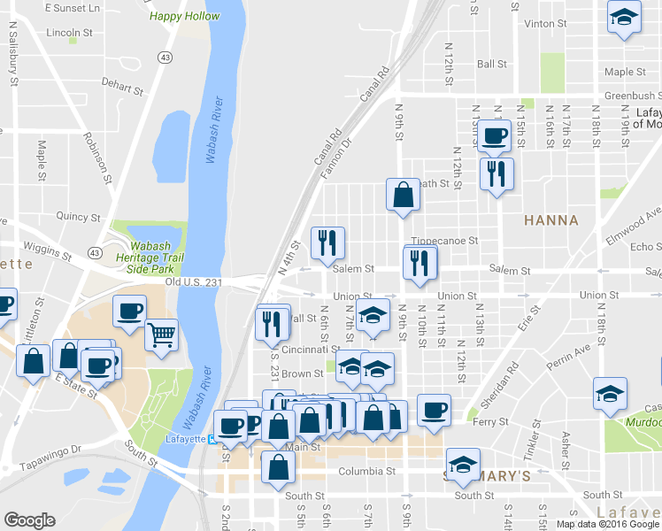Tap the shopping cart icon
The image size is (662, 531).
pos(160,335)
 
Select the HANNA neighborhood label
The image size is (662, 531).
pos(550,220)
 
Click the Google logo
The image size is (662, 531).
pos(29,520)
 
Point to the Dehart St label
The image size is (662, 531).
pos(122,88)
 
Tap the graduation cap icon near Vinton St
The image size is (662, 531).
pos(625,17)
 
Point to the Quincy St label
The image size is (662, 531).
pos(78,216)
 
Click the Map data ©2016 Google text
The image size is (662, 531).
pos(608,523)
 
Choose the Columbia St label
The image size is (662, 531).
pos(365,471)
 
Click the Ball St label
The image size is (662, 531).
pos(491,64)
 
